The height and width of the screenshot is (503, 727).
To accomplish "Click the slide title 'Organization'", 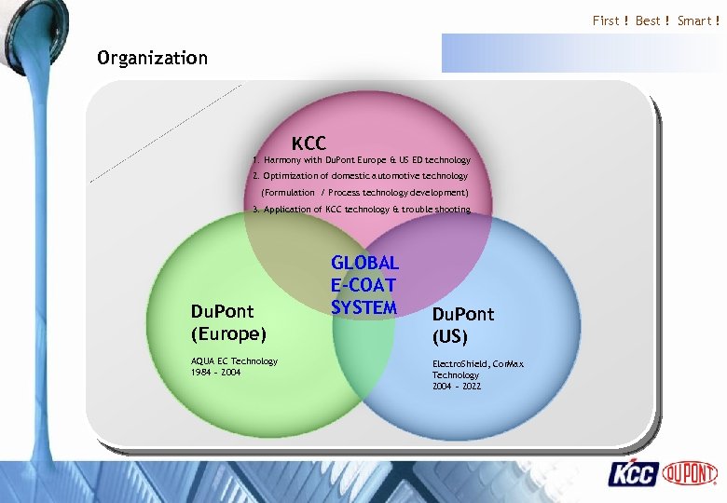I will pyautogui.click(x=152, y=58).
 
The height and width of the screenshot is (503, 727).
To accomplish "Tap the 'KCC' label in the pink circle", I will pyautogui.click(x=309, y=143).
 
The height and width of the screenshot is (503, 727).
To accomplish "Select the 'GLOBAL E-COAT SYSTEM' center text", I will pyautogui.click(x=364, y=285).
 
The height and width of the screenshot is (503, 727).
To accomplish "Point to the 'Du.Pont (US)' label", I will pyautogui.click(x=463, y=325).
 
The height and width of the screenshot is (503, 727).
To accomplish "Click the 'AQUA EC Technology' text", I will pyautogui.click(x=234, y=360).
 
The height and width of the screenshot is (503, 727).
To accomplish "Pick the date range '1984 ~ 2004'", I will pyautogui.click(x=216, y=372).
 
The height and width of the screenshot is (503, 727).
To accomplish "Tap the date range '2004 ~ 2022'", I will pyautogui.click(x=457, y=386).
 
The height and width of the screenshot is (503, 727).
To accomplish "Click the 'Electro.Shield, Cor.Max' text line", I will pyautogui.click(x=479, y=364).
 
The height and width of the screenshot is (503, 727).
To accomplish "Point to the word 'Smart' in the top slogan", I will pyautogui.click(x=694, y=20).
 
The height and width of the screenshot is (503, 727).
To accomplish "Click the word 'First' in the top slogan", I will pyautogui.click(x=606, y=20).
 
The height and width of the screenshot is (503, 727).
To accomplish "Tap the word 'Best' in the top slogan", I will pyautogui.click(x=648, y=20).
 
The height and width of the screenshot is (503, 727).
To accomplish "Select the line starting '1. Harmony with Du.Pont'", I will pyautogui.click(x=362, y=160).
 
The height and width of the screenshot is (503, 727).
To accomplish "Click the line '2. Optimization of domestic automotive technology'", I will pyautogui.click(x=361, y=176).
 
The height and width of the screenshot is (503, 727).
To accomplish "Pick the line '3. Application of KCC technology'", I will pyautogui.click(x=362, y=210).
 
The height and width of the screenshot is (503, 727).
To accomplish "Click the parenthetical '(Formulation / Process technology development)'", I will pyautogui.click(x=364, y=192).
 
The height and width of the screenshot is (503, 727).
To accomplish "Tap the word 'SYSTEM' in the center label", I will pyautogui.click(x=363, y=306).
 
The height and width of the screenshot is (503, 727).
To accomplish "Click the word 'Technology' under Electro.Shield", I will pyautogui.click(x=456, y=375).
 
